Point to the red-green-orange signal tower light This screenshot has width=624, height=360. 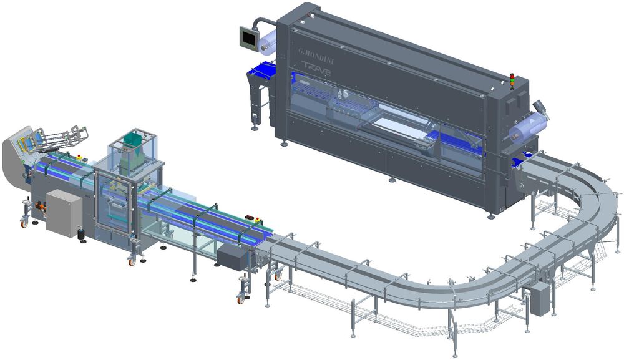tap(512, 80)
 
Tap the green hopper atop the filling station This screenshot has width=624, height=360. tap(134, 139)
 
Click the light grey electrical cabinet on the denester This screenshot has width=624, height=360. tap(64, 213)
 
